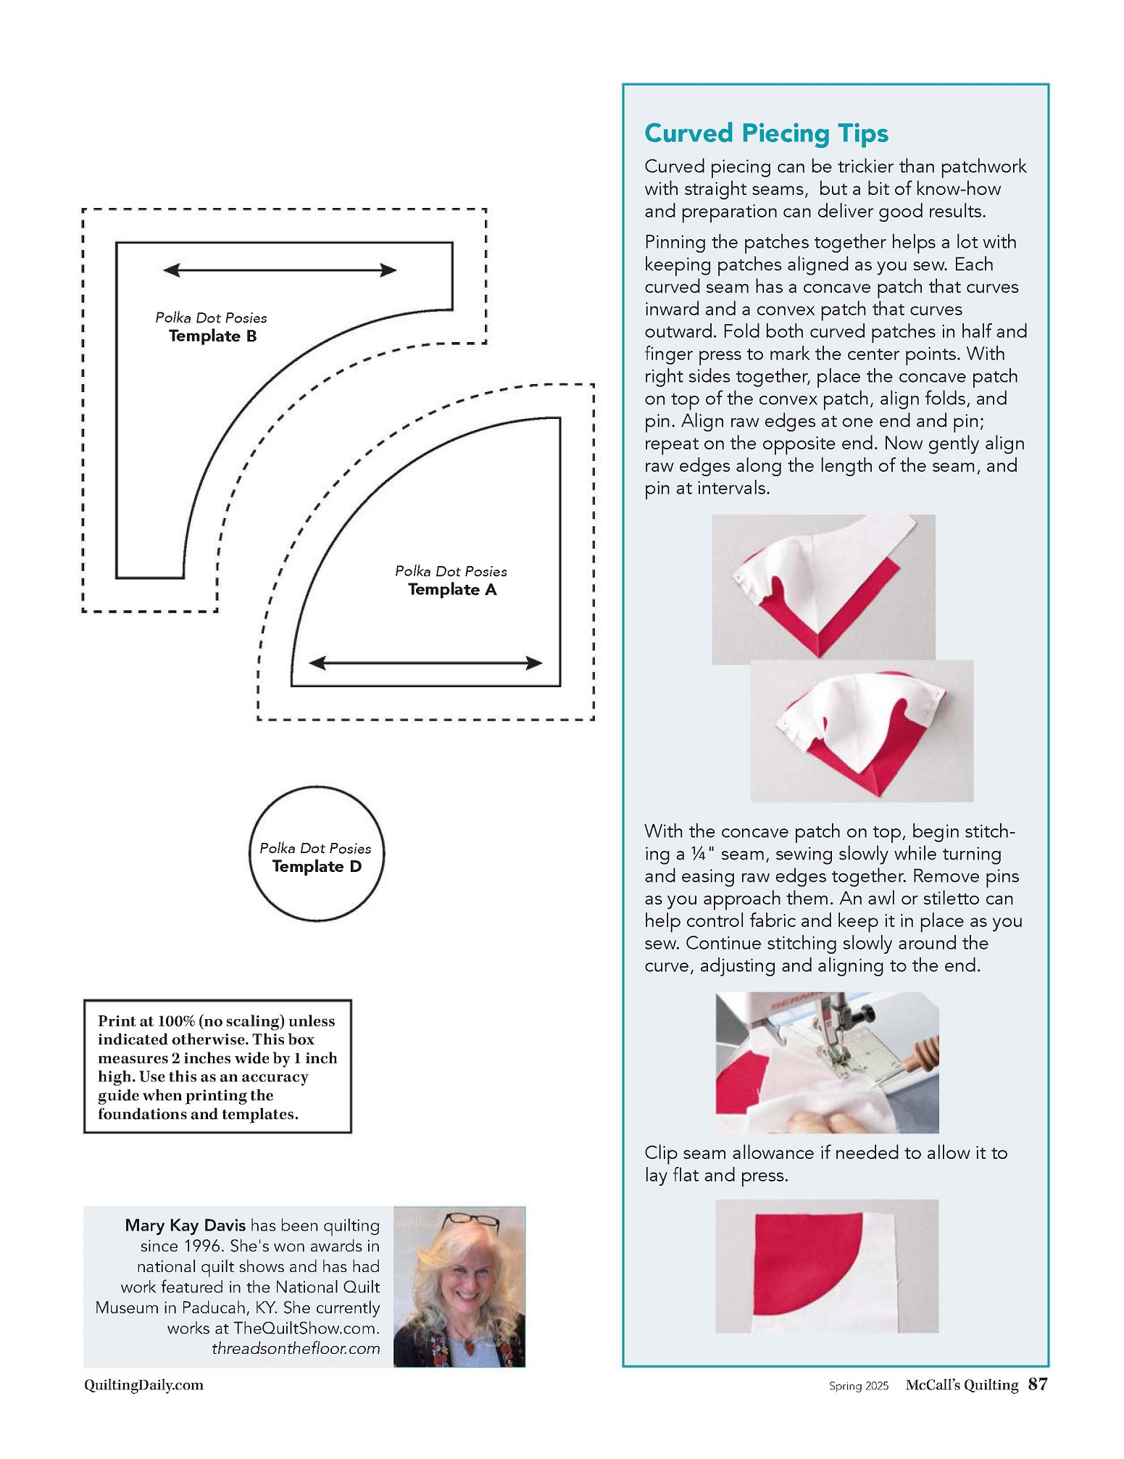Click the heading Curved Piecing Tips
[766, 133]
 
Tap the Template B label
[212, 336]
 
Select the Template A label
[452, 590]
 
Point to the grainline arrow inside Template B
[280, 270]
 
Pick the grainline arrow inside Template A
[425, 662]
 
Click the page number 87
[1038, 1384]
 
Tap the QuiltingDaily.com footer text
[143, 1385]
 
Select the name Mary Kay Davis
[185, 1226]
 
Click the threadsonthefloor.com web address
[296, 1349]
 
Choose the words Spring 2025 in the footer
[859, 1386]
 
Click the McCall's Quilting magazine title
[962, 1385]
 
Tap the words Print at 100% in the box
[146, 1021]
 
